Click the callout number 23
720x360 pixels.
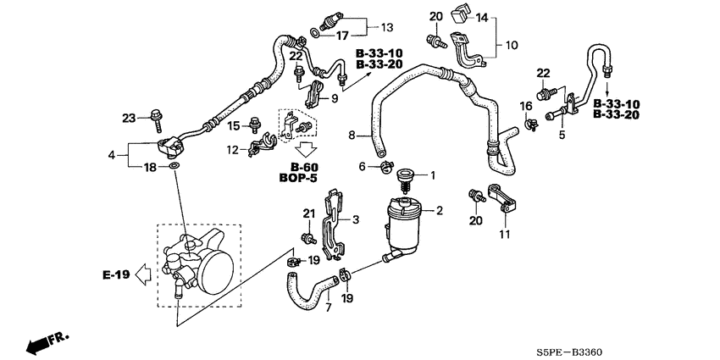pyautogui.click(x=130, y=119)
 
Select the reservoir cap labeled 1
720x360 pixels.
pyautogui.click(x=404, y=180)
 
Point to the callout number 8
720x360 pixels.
pyautogui.click(x=352, y=136)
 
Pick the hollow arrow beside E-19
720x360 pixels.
pyautogui.click(x=145, y=275)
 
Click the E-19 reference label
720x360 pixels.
pyautogui.click(x=116, y=275)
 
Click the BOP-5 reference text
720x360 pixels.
pyautogui.click(x=298, y=178)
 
